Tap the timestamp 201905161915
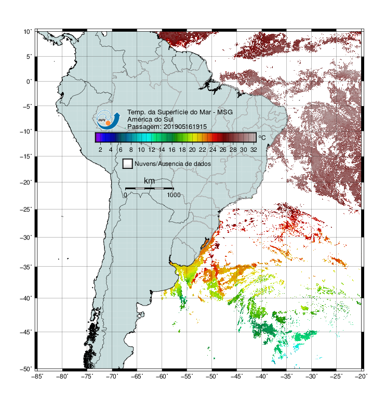(x=185, y=127)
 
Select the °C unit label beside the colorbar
(x=262, y=137)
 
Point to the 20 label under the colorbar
(x=192, y=150)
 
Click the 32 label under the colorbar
(x=254, y=150)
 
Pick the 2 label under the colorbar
(x=100, y=150)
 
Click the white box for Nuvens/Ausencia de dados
(x=128, y=164)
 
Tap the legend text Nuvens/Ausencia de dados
(x=172, y=164)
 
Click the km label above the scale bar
(x=149, y=181)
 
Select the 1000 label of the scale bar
(x=174, y=195)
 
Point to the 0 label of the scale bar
(x=125, y=195)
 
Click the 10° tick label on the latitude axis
(x=28, y=32)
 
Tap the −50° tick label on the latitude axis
(x=26, y=369)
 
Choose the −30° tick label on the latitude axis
(x=26, y=237)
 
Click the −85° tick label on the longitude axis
(x=37, y=376)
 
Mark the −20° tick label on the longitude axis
(x=361, y=376)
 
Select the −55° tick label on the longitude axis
(x=187, y=376)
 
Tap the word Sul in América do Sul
(x=168, y=120)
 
